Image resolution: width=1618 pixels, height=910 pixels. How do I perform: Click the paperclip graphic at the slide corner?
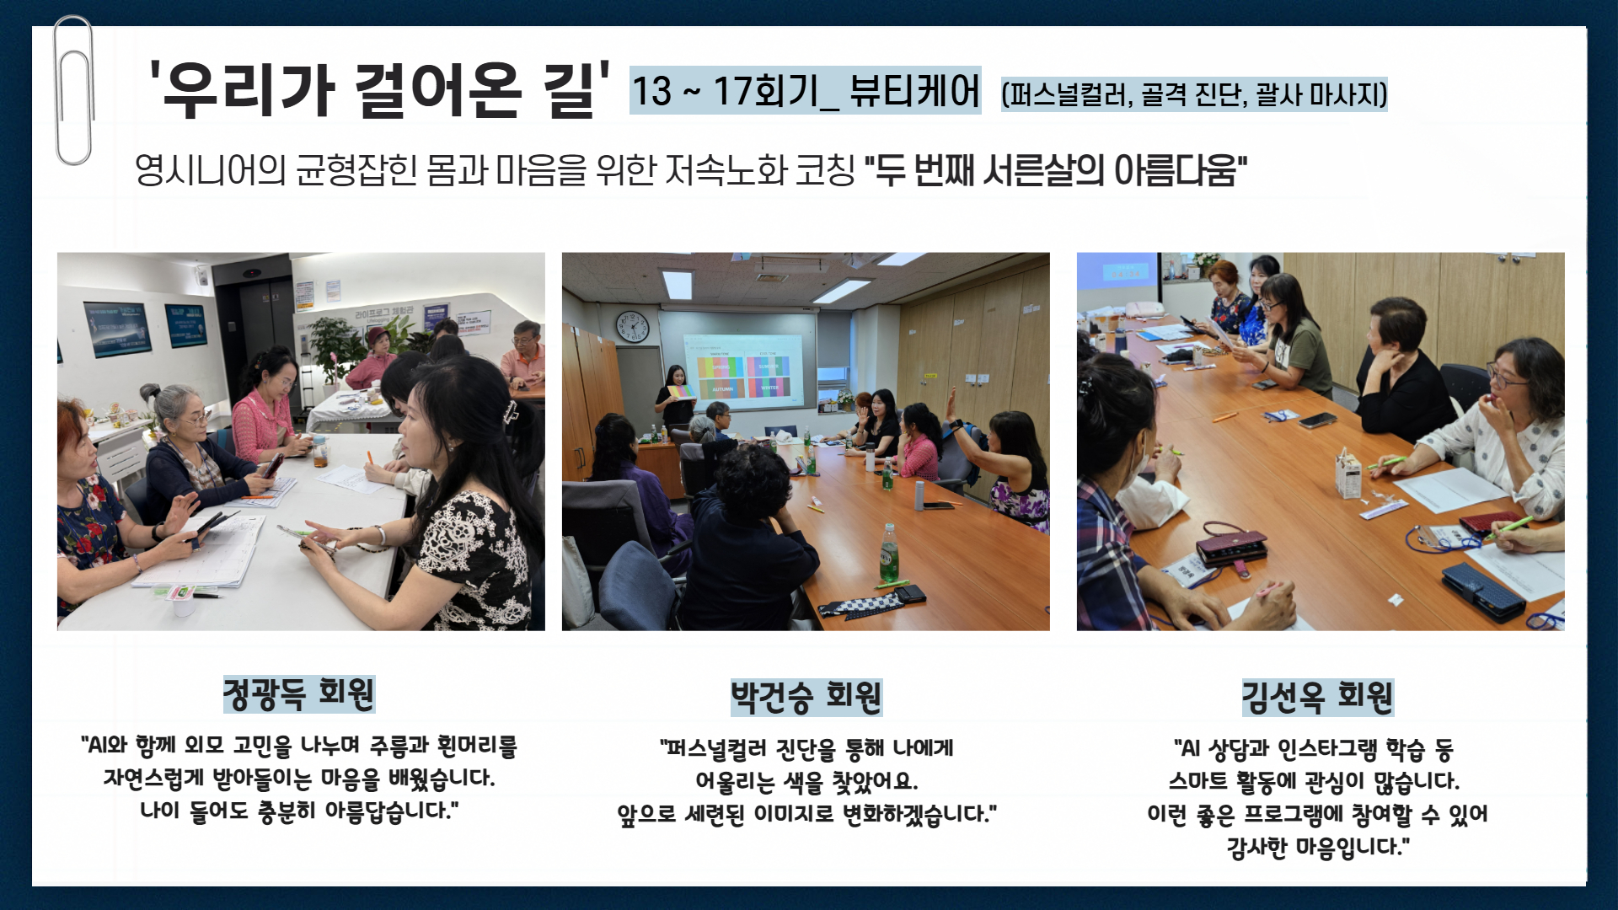coord(73,90)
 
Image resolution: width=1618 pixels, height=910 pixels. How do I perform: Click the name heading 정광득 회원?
coord(298,693)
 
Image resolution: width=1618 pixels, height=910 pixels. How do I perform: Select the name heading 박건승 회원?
coord(806,697)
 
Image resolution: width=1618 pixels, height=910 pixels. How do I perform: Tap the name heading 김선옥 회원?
coord(1318,697)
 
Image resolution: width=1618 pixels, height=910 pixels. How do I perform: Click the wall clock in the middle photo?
coord(631,326)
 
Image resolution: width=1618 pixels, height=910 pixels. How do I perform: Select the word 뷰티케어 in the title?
coord(914,90)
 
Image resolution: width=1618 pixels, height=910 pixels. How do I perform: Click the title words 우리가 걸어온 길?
coord(378,89)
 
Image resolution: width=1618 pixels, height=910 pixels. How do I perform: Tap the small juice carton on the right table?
coord(1348,473)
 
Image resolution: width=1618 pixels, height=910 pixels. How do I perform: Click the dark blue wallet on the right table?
coord(1482,590)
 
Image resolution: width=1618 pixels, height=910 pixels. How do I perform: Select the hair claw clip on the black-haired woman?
coord(510,412)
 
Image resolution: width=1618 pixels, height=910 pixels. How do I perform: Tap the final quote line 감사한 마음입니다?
coord(1318,847)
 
